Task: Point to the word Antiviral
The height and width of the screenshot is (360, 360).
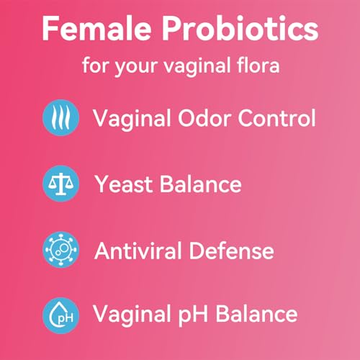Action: [x=138, y=250]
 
